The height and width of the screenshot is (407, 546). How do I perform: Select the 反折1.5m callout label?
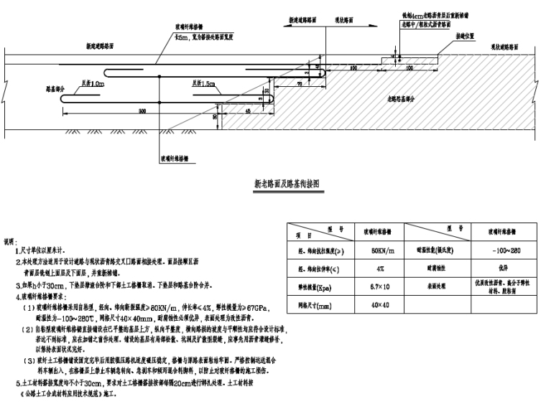tap(203, 85)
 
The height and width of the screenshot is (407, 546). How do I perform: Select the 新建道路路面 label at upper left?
tap(100, 46)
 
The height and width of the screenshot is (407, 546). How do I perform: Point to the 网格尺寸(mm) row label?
tap(317, 305)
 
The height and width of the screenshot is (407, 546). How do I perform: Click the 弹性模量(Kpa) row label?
tap(317, 286)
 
